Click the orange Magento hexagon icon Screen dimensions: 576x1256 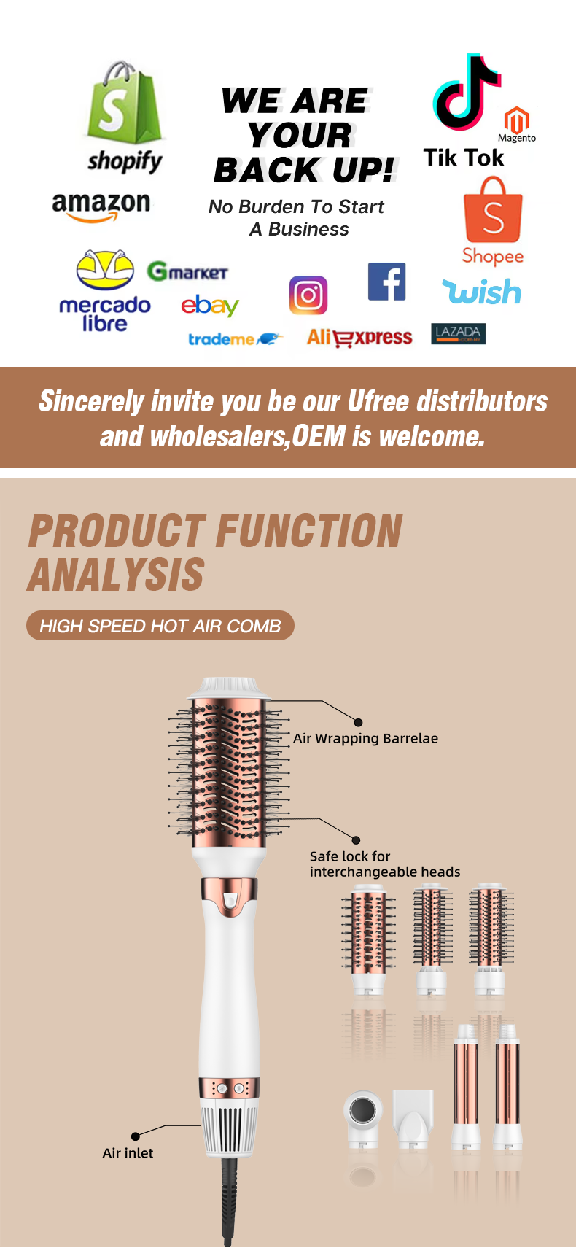[517, 119]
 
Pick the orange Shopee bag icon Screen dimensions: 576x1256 [493, 210]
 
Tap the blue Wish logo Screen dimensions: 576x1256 [482, 292]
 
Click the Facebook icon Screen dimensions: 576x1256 [386, 282]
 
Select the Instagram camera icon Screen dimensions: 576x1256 [308, 295]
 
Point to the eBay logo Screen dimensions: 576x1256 [210, 306]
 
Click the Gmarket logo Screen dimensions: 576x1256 [187, 272]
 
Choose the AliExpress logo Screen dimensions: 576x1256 [359, 338]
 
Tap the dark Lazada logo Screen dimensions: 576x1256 [458, 334]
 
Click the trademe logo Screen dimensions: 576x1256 [235, 339]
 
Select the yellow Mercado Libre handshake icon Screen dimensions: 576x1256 [105, 270]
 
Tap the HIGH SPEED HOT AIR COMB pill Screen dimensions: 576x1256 [160, 626]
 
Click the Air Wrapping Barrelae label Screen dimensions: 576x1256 [365, 738]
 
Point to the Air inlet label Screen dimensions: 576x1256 [128, 1153]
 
